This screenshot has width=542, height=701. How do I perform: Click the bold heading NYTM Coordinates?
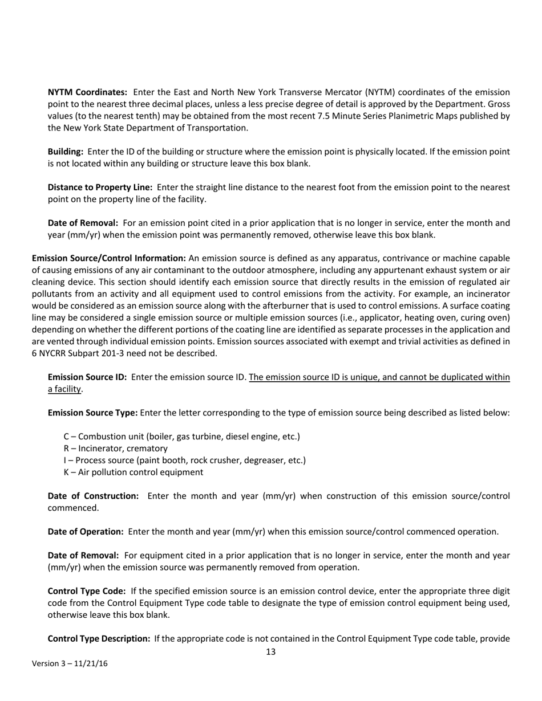(87, 92)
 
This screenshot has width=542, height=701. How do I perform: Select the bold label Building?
(66, 152)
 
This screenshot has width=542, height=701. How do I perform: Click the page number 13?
(270, 652)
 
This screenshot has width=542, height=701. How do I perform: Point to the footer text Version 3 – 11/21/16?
(70, 663)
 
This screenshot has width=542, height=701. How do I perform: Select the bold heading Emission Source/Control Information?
(108, 258)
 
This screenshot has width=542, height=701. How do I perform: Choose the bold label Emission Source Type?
(92, 413)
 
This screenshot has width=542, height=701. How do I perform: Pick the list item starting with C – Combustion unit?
(181, 437)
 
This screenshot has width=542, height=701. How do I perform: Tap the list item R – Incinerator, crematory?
(115, 449)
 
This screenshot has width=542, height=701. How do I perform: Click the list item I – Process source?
(184, 460)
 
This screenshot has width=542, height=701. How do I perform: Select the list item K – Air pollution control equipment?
(133, 472)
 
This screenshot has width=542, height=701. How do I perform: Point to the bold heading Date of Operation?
(86, 532)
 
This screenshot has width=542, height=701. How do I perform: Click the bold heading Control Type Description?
(99, 638)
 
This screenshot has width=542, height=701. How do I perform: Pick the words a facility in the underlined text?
(65, 389)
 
